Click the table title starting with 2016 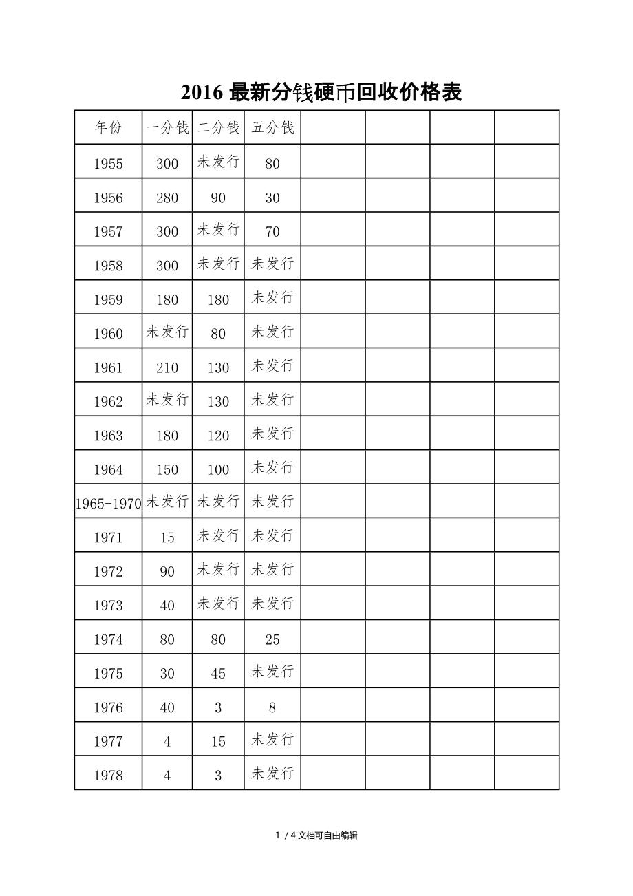(x=321, y=92)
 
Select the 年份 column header (x=108, y=128)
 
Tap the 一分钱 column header (x=167, y=128)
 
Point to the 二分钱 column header (x=218, y=128)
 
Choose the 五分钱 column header (x=272, y=128)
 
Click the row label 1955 (x=108, y=164)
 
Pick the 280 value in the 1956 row (x=167, y=198)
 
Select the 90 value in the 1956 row (x=218, y=198)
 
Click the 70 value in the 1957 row (x=272, y=232)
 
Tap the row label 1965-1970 (x=108, y=504)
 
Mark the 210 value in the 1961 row (x=167, y=368)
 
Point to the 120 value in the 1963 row (x=218, y=436)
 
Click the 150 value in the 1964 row (x=167, y=470)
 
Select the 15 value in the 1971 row (x=167, y=538)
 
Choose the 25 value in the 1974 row (x=272, y=640)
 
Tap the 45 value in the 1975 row (x=218, y=674)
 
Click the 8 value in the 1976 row (x=272, y=707)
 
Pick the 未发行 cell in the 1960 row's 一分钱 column (x=167, y=332)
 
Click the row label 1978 (x=108, y=776)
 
